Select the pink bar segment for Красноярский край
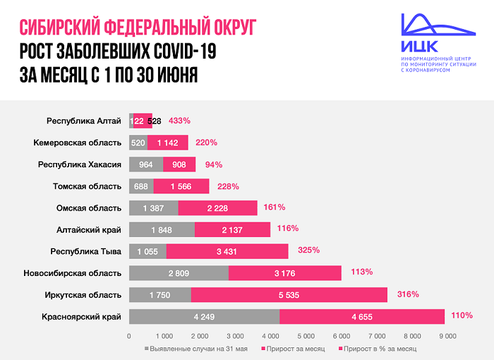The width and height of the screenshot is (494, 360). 361,316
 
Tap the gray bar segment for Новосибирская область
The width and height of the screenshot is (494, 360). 179,272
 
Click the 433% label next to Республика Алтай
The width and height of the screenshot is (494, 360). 179,121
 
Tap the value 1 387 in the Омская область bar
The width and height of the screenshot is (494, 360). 154,208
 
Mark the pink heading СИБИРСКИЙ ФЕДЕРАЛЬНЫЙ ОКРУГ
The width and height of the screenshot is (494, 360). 138,28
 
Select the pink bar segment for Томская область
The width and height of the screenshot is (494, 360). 181,186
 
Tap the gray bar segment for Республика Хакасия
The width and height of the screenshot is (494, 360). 146,164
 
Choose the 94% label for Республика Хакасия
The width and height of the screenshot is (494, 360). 213,164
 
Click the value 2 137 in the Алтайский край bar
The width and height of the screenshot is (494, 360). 231,229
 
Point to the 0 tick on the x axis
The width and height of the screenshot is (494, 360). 129,337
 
